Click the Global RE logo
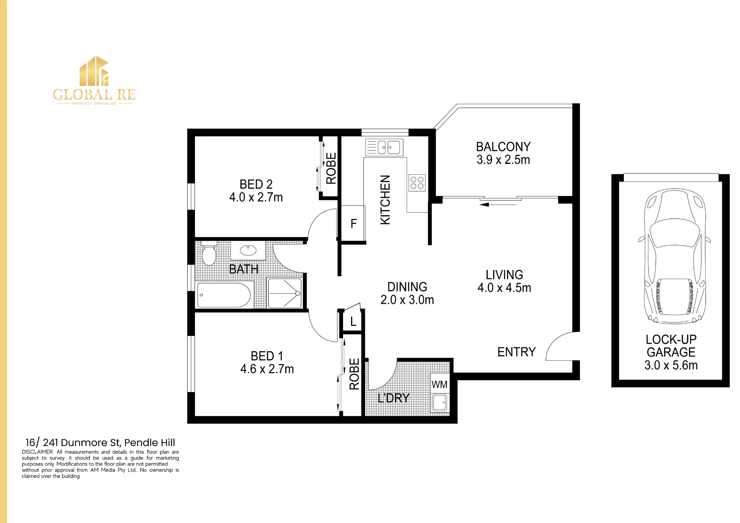(94, 81)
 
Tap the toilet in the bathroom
(209, 253)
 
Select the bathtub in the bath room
(224, 295)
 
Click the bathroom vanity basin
(248, 250)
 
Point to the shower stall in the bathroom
(285, 293)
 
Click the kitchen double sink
(384, 147)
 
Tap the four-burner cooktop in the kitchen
(417, 183)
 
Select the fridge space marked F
(353, 223)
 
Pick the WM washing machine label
(440, 385)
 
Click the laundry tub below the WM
(440, 402)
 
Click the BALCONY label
(503, 147)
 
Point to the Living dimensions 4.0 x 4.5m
(504, 288)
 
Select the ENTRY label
(517, 352)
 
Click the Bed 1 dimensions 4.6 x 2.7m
(267, 369)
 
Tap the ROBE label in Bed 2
(331, 168)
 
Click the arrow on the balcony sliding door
(498, 204)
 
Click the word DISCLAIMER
(38, 452)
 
